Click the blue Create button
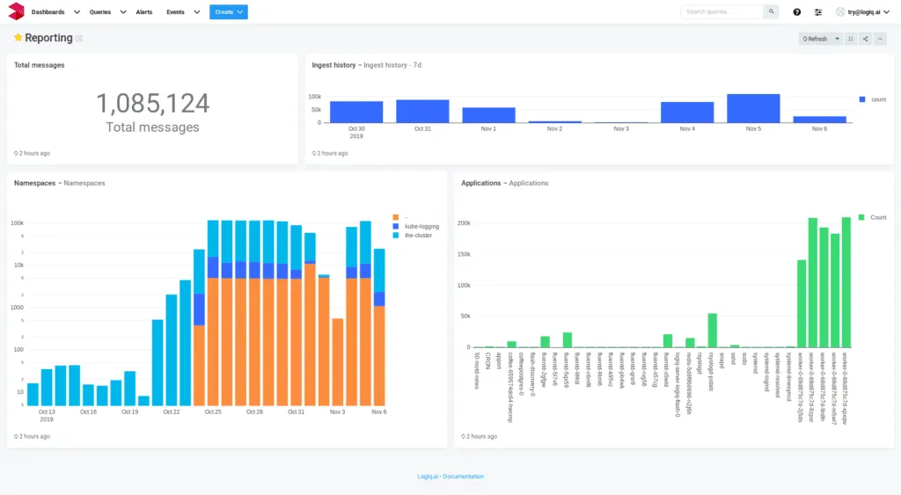(x=228, y=12)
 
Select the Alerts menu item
(x=144, y=12)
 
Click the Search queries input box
(x=722, y=12)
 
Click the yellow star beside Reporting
(x=18, y=39)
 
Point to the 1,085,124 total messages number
(x=152, y=104)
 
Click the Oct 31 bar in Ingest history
(x=422, y=111)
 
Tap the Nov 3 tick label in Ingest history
(x=620, y=129)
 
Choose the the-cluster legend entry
(x=419, y=236)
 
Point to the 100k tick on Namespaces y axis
(x=17, y=223)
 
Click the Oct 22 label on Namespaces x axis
(x=171, y=411)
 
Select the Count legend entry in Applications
(x=878, y=216)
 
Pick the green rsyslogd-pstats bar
(x=713, y=331)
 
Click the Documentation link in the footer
(x=464, y=477)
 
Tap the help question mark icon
(x=796, y=12)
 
